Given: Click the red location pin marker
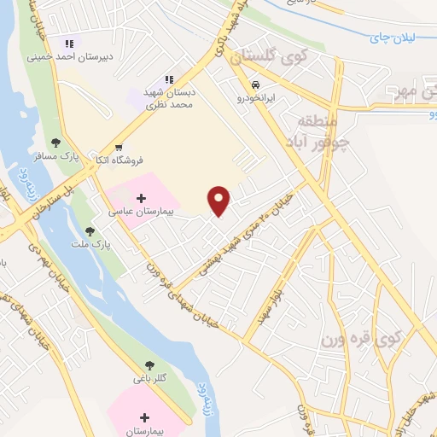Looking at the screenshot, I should (220, 200).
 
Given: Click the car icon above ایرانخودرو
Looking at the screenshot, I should (255, 85).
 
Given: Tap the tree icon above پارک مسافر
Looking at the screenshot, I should (56, 143).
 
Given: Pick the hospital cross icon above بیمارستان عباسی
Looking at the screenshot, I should (141, 197).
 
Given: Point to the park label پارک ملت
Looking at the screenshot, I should (101, 242).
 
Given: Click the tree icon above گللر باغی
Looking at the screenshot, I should (149, 364).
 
